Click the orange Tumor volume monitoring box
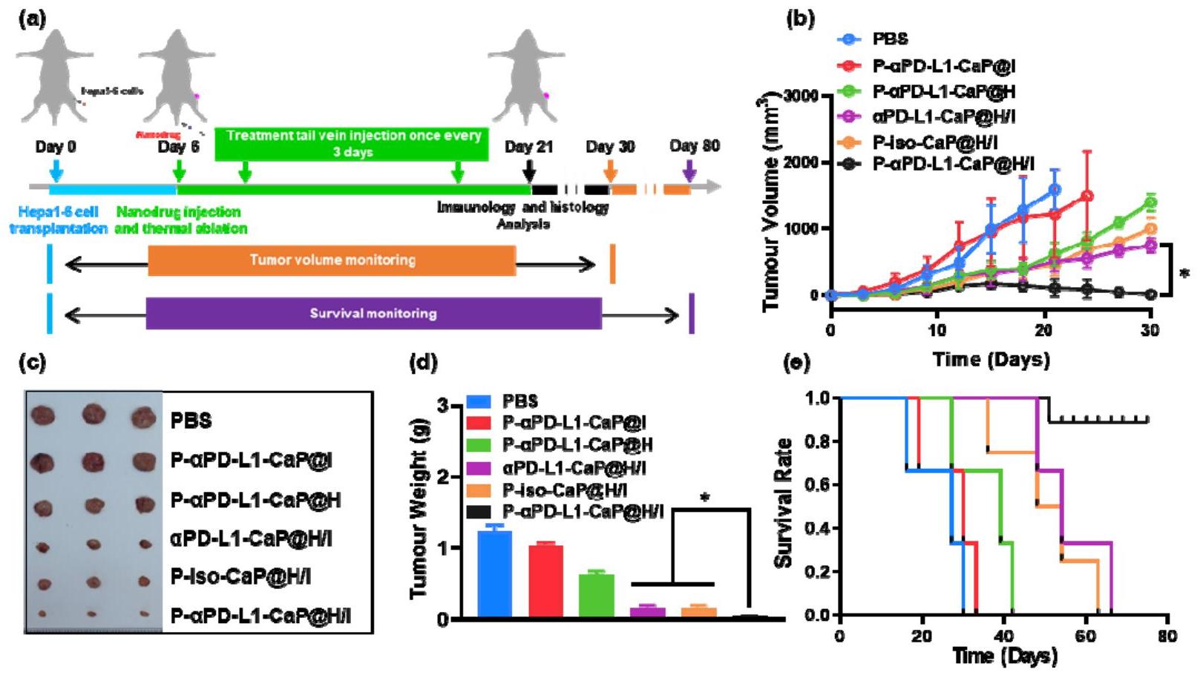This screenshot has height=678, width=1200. pyautogui.click(x=332, y=260)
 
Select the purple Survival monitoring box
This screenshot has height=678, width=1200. pyautogui.click(x=373, y=313)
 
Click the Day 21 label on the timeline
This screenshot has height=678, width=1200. pyautogui.click(x=528, y=147)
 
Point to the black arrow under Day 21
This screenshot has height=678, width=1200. pyautogui.click(x=528, y=171)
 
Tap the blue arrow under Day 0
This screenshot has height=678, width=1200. pyautogui.click(x=56, y=171)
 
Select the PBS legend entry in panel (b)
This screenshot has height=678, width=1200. pyautogui.click(x=890, y=39)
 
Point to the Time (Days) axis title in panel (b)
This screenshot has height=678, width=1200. pyautogui.click(x=991, y=360)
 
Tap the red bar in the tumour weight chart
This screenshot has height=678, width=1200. pyautogui.click(x=545, y=581)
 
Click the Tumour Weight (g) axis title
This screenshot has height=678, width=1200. pyautogui.click(x=419, y=511)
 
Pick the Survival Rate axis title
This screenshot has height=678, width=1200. pyautogui.click(x=783, y=504)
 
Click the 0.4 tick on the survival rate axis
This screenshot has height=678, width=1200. pyautogui.click(x=818, y=529)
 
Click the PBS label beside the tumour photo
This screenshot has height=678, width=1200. pyautogui.click(x=191, y=421)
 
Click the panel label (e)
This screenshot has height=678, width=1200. pyautogui.click(x=799, y=363)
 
